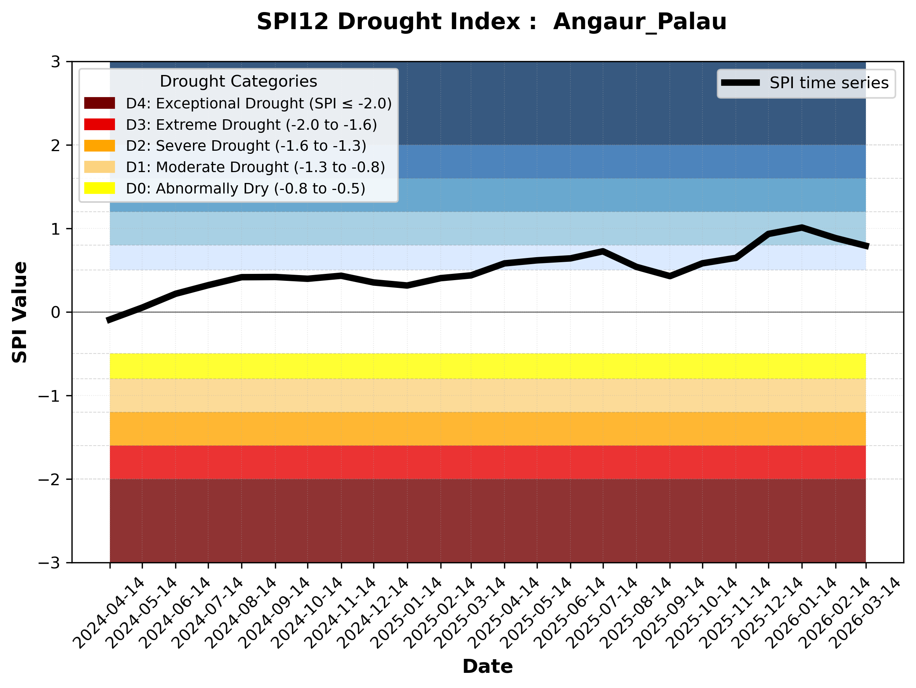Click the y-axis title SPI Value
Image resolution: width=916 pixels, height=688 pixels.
point(19,312)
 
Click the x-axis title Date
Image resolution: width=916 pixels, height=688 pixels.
point(487,667)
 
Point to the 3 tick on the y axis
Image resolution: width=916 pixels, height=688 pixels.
point(56,62)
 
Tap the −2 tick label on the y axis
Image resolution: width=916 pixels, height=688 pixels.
point(49,480)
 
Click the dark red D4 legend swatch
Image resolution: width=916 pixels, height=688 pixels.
point(99,103)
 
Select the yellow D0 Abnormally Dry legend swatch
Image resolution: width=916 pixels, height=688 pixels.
point(99,188)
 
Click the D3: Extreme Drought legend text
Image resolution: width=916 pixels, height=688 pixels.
point(251,125)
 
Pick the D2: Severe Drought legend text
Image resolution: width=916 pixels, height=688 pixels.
point(246,146)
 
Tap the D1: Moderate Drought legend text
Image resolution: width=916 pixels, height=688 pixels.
point(256,167)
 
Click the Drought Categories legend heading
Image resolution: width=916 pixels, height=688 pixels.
point(238,81)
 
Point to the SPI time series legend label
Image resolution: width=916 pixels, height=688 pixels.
point(829,83)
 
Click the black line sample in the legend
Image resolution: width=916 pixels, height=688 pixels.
point(740,83)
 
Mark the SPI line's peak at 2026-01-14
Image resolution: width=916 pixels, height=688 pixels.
point(802,227)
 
